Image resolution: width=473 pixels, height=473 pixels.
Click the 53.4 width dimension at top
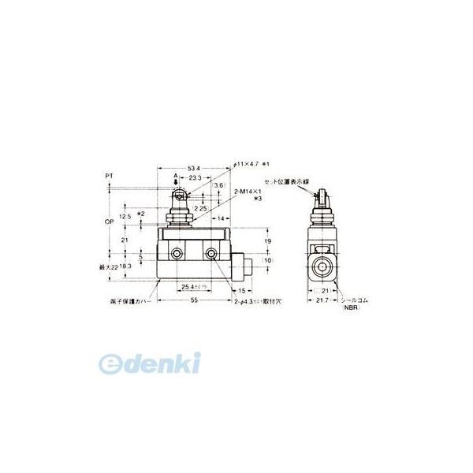point(193,167)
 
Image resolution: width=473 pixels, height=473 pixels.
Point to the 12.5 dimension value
point(124,214)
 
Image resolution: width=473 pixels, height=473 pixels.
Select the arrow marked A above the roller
point(176,180)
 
